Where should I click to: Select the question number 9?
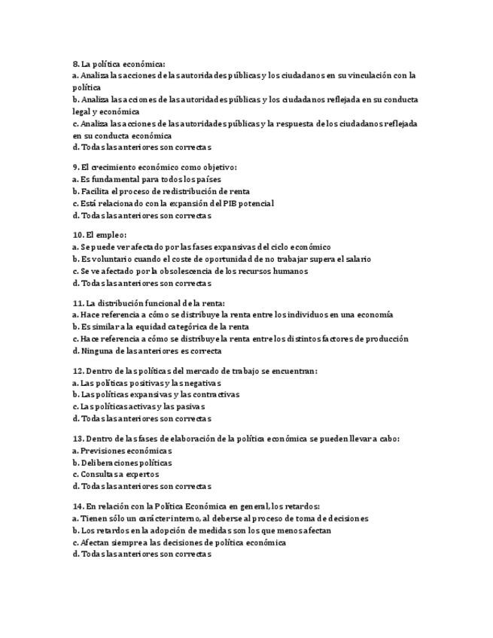pyautogui.click(x=75, y=167)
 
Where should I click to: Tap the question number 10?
pyautogui.click(x=78, y=235)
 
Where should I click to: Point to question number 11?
pyautogui.click(x=78, y=303)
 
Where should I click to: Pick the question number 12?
pyautogui.click(x=78, y=371)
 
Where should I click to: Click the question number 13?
pyautogui.click(x=78, y=439)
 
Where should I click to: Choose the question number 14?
pyautogui.click(x=78, y=506)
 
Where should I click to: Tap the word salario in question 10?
pyautogui.click(x=358, y=259)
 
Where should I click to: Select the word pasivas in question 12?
pyautogui.click(x=190, y=406)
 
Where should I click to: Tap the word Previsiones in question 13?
pyautogui.click(x=103, y=451)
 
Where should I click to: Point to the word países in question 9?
pyautogui.click(x=187, y=179)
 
